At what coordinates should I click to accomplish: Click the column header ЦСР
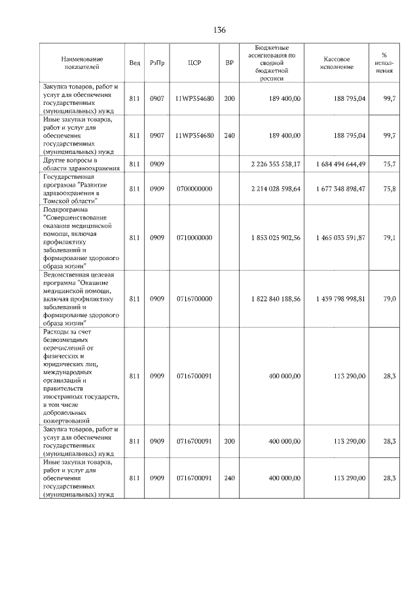click(x=194, y=63)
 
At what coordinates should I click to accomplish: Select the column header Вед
click(x=134, y=63)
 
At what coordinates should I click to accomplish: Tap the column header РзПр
click(x=156, y=63)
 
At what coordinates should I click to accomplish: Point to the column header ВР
click(x=229, y=63)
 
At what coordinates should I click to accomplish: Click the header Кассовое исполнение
click(x=338, y=63)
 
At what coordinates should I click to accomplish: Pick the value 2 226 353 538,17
click(x=275, y=164)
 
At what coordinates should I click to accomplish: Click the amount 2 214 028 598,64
click(x=275, y=189)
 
